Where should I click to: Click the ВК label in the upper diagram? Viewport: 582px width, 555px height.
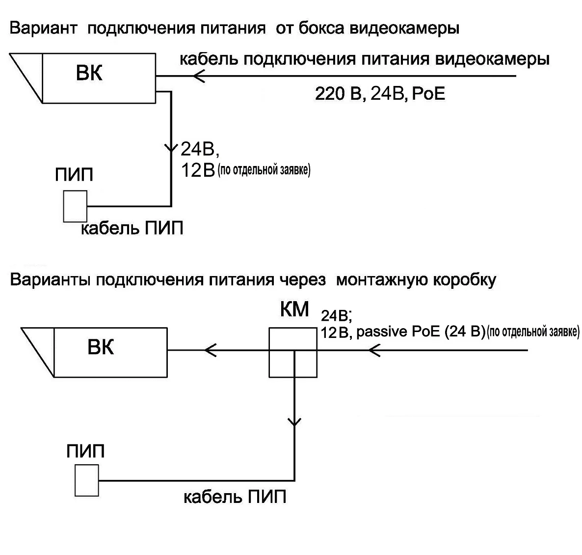coord(89,74)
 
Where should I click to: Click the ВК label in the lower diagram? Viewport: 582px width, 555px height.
coord(101,348)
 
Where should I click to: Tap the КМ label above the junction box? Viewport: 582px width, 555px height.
coord(294,310)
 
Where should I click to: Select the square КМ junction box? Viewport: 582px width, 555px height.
coord(293,353)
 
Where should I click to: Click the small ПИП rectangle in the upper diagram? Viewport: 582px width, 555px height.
coord(75,206)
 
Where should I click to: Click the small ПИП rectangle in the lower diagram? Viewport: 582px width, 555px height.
coord(87,480)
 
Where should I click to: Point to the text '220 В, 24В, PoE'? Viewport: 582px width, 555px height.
coord(380,94)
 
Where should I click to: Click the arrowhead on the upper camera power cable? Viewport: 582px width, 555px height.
coord(199,76)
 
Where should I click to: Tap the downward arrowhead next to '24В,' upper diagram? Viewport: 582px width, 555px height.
coord(171,147)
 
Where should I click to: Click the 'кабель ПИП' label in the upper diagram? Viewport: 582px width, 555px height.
coord(132,229)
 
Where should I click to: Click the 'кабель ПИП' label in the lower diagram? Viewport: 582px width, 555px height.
coord(235,497)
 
